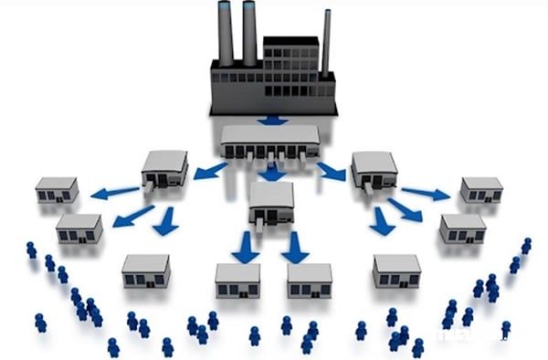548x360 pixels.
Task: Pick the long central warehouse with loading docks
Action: coord(270,142)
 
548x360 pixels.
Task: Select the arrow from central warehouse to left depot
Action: coord(211,171)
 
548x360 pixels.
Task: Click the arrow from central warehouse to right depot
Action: coord(331,171)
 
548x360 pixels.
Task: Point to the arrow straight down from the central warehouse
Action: coord(271,172)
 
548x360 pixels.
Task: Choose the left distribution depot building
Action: coord(164,169)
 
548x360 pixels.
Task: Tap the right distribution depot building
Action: coord(374,169)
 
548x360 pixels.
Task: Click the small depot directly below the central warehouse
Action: coord(271,202)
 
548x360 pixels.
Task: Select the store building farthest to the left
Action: coord(57,190)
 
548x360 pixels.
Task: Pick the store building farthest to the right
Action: coord(481,189)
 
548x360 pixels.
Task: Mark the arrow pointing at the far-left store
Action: coord(116,192)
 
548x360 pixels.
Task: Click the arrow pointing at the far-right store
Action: coord(426,193)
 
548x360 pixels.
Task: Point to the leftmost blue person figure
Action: coord(31,249)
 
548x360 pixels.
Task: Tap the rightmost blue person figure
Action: coord(526,246)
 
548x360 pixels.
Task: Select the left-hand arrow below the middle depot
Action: coord(245,246)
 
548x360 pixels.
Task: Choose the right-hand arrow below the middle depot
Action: coord(295,246)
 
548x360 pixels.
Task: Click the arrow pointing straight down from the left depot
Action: coord(164,221)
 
